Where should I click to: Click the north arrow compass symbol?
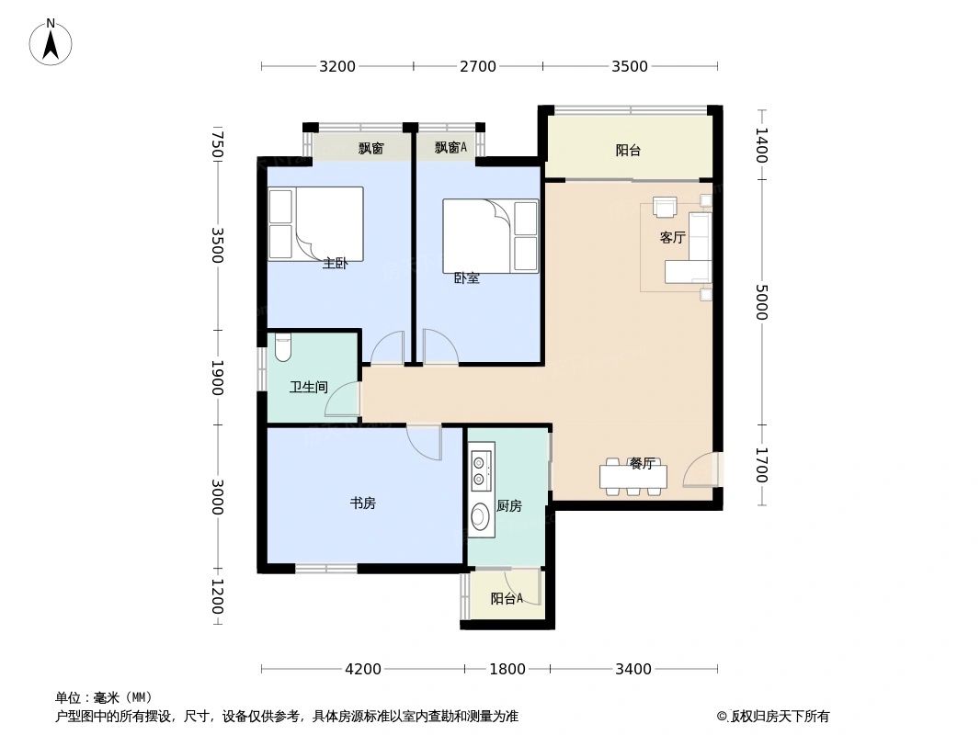click(51, 41)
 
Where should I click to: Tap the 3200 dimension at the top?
click(337, 66)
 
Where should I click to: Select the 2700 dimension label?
click(477, 66)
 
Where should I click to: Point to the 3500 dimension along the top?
click(630, 66)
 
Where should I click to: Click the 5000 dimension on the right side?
click(760, 302)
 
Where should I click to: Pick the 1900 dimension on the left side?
click(217, 378)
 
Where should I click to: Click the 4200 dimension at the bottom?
click(363, 669)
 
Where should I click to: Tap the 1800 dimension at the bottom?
click(507, 669)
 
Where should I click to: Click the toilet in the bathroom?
click(282, 349)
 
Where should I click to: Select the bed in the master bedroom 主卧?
click(315, 223)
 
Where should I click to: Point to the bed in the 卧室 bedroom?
click(491, 236)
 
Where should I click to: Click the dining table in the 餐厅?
click(632, 477)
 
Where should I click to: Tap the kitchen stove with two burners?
click(480, 469)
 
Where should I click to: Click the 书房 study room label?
click(362, 503)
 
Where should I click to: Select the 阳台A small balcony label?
click(506, 599)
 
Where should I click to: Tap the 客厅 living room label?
click(672, 237)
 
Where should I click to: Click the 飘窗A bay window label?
click(450, 147)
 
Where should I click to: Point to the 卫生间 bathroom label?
click(309, 388)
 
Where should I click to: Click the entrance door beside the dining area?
click(704, 470)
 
